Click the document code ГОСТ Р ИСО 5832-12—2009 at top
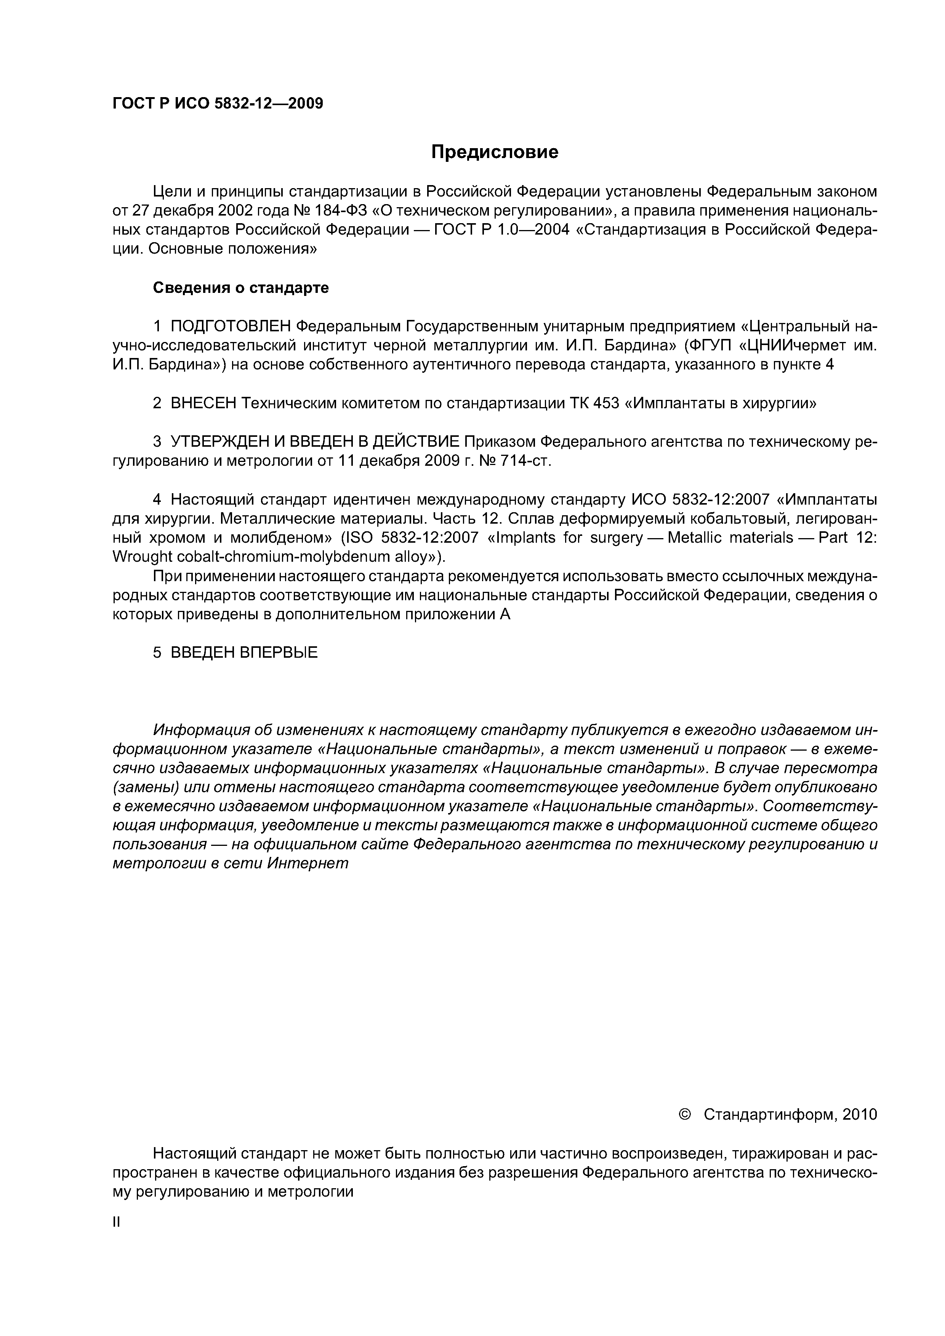pos(217,104)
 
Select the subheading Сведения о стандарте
pos(240,288)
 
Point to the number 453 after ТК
pos(605,403)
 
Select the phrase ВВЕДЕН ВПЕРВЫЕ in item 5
pos(244,653)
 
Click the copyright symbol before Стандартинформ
pos(685,1114)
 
